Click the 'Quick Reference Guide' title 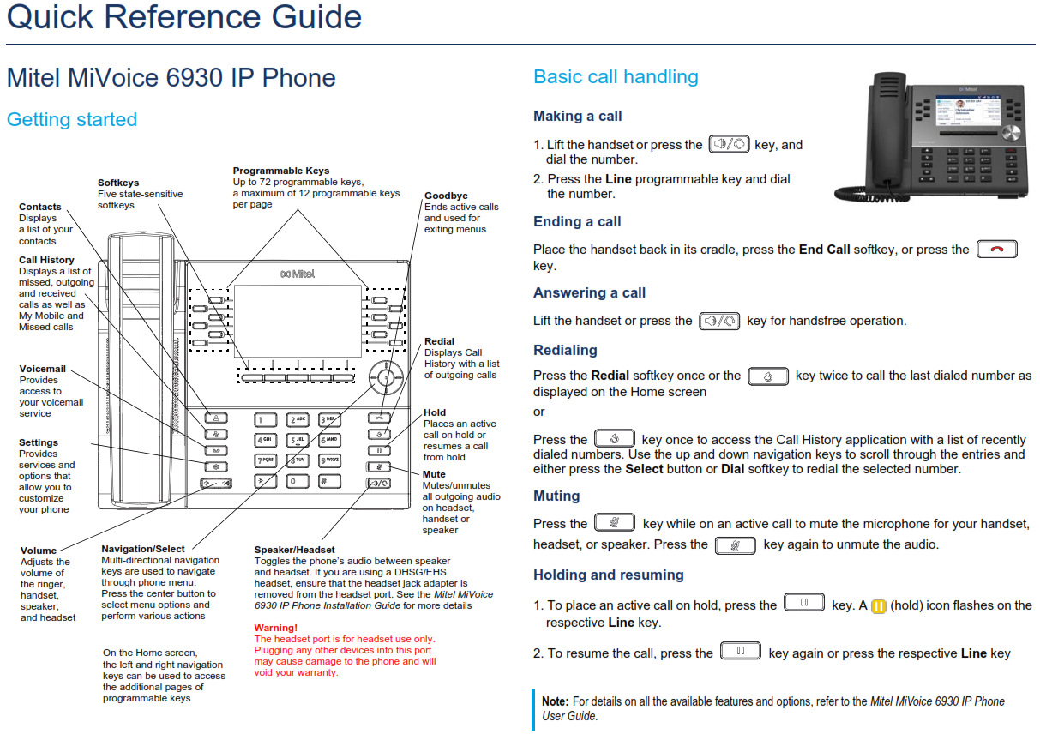click(183, 18)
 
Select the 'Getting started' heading click(72, 120)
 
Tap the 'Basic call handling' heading click(616, 77)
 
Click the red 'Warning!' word click(276, 628)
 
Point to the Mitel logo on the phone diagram click(298, 274)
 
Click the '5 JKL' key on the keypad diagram click(298, 440)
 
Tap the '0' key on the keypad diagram click(298, 481)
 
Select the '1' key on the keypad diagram click(265, 419)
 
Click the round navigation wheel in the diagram click(386, 377)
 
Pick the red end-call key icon click(997, 249)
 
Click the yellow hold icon click(879, 606)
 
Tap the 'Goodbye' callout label click(446, 196)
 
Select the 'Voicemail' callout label click(43, 369)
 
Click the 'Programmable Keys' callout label click(281, 171)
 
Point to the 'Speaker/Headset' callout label click(294, 550)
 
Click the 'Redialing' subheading click(565, 350)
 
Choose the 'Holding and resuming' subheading click(608, 575)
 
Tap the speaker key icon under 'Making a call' click(729, 144)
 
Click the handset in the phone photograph click(886, 135)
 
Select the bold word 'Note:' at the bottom click(556, 701)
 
